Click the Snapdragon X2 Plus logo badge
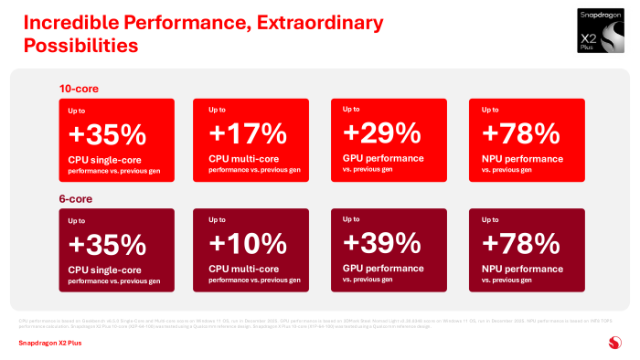tap(603, 30)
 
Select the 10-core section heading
tap(78, 89)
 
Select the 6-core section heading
tap(75, 198)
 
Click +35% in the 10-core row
tap(108, 134)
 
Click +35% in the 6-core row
tap(108, 244)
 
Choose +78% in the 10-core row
tap(520, 133)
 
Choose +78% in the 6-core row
tap(520, 243)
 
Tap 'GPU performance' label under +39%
tap(382, 269)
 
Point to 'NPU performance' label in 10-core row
tap(521, 159)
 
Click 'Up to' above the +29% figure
tap(351, 110)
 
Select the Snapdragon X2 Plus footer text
tap(50, 344)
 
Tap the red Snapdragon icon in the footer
tap(613, 344)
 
